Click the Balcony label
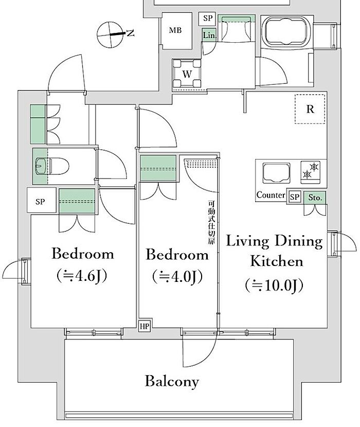[172, 381]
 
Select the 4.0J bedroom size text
[177, 277]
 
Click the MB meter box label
[175, 30]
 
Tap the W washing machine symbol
[187, 74]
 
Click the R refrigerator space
[310, 109]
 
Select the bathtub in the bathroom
[286, 31]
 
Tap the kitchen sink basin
[276, 173]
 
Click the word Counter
[271, 195]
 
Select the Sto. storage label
[315, 198]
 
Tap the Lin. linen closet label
[209, 35]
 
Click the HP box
[145, 326]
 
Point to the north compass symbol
[110, 34]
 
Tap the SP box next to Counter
[294, 197]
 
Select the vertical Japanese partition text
[211, 222]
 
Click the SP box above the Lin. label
[207, 18]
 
